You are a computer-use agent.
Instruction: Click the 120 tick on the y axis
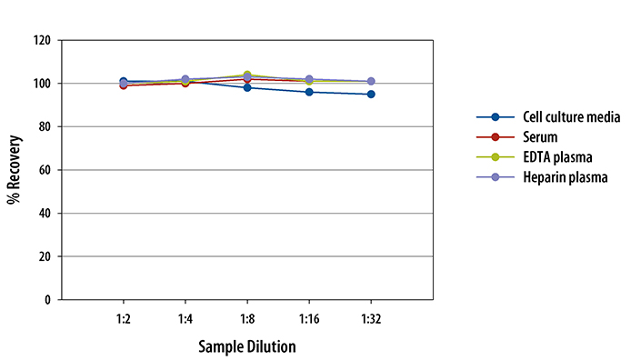41,41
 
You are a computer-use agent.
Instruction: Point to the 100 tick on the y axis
41,84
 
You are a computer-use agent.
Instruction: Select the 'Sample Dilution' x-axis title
247,346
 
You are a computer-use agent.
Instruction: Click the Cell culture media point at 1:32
371,95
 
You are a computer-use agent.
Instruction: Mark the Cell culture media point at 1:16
309,92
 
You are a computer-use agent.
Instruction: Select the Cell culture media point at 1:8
247,88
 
